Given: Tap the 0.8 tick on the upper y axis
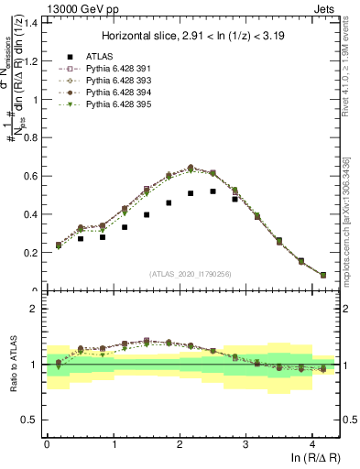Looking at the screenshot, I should (30, 136).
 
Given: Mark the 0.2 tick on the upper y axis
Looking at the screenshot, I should (30, 253).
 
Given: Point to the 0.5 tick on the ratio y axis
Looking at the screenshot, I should (30, 420).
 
